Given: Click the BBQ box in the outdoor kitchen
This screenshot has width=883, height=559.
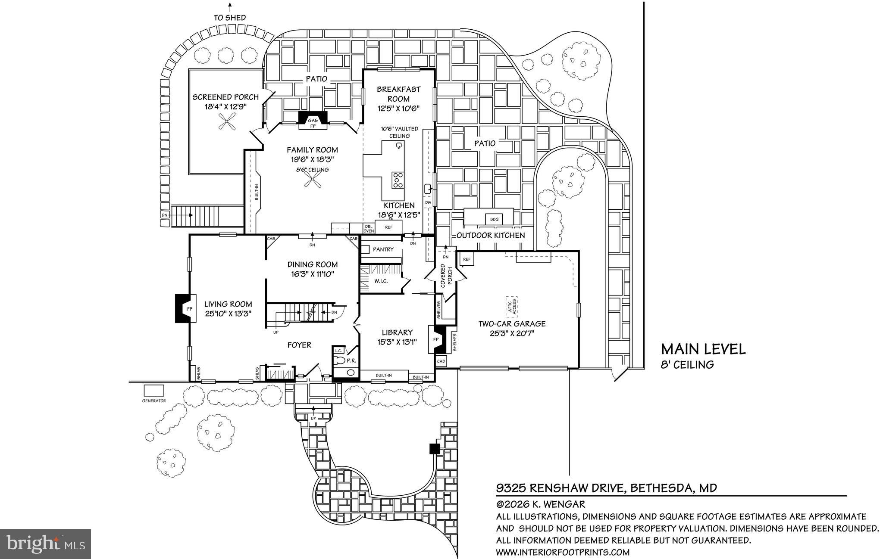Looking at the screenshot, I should pyautogui.click(x=494, y=219).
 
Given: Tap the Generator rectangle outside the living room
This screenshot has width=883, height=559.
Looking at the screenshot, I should pyautogui.click(x=154, y=391).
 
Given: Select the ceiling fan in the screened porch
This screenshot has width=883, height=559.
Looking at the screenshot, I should pyautogui.click(x=227, y=121).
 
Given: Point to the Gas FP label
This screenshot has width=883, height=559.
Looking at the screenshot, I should pyautogui.click(x=313, y=123).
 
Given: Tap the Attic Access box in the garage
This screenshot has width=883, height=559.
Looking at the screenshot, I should pyautogui.click(x=512, y=306).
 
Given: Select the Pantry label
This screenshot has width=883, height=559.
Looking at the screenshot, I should pyautogui.click(x=383, y=249).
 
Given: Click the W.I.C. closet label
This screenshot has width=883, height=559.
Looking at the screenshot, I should pyautogui.click(x=381, y=281).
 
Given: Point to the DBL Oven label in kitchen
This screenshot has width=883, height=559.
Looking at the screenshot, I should pyautogui.click(x=369, y=228).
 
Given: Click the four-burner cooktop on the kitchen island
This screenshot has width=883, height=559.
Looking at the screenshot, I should pyautogui.click(x=398, y=180).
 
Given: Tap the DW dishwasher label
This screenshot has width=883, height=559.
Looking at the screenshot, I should pyautogui.click(x=428, y=202).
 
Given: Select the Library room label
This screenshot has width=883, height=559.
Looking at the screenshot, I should pyautogui.click(x=397, y=332).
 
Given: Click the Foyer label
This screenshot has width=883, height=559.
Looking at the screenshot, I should pyautogui.click(x=299, y=345).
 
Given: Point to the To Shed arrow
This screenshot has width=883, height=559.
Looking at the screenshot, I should pyautogui.click(x=230, y=7).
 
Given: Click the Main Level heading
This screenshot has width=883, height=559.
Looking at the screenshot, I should pyautogui.click(x=703, y=349).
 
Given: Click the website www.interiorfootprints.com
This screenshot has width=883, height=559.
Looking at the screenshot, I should pyautogui.click(x=563, y=552).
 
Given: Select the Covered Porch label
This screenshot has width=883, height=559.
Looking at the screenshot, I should pyautogui.click(x=446, y=276).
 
